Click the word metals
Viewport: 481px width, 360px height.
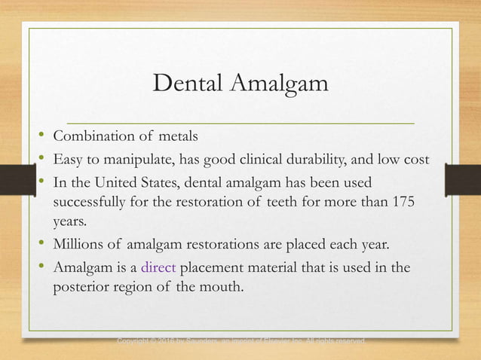[x=179, y=136]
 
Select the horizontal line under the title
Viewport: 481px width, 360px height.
[x=241, y=121]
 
